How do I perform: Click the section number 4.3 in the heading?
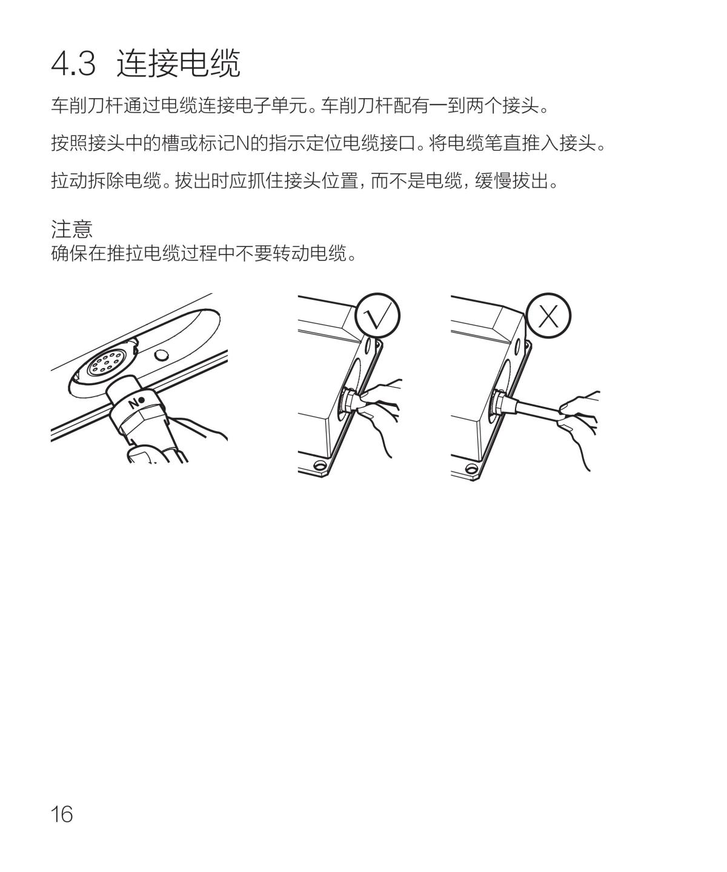(73, 64)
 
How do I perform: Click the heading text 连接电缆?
(178, 63)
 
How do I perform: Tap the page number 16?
(61, 815)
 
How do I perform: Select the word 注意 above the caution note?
(71, 229)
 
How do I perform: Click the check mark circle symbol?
(377, 315)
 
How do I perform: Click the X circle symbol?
(548, 315)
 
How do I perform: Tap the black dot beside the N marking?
(142, 400)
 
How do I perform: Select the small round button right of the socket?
(161, 356)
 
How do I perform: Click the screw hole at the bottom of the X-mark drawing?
(472, 467)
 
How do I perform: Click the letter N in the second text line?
(243, 144)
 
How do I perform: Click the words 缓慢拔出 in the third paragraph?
(511, 181)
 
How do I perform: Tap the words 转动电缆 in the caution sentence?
(309, 253)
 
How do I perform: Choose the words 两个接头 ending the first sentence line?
(503, 105)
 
